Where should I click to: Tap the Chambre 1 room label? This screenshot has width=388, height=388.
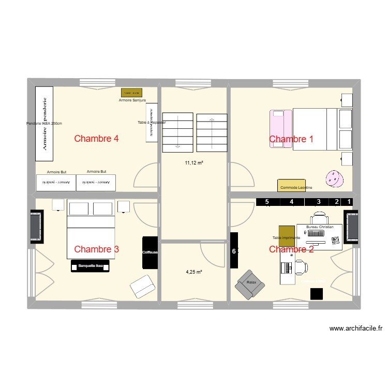[291, 139]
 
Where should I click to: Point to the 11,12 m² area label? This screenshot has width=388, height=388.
[194, 162]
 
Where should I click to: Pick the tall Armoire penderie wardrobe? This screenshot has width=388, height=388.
[44, 124]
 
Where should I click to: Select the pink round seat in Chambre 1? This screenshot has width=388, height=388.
[334, 178]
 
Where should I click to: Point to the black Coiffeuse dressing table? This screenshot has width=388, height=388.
[150, 252]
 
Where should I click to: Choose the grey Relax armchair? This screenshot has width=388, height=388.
[250, 283]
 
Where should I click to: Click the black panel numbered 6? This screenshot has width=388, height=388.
[234, 251]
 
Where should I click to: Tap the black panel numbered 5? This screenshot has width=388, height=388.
[267, 202]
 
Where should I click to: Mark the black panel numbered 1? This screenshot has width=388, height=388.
[349, 202]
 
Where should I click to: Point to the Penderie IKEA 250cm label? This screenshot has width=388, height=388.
[44, 124]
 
